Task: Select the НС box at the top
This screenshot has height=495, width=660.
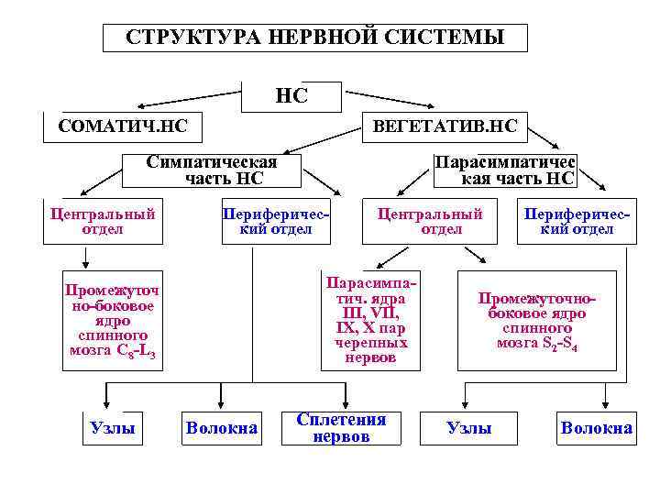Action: [x=291, y=95]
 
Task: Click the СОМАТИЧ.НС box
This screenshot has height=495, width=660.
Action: [x=122, y=125]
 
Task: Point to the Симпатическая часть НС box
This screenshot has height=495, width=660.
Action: [x=212, y=170]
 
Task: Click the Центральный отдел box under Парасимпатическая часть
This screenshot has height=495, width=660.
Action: [x=429, y=222]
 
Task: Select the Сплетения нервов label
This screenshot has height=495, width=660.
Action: [x=341, y=428]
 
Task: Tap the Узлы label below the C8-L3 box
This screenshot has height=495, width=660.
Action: [x=113, y=428]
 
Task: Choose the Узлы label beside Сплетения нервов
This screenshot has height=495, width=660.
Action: [x=468, y=428]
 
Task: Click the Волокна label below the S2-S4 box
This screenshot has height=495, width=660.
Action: [x=597, y=428]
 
